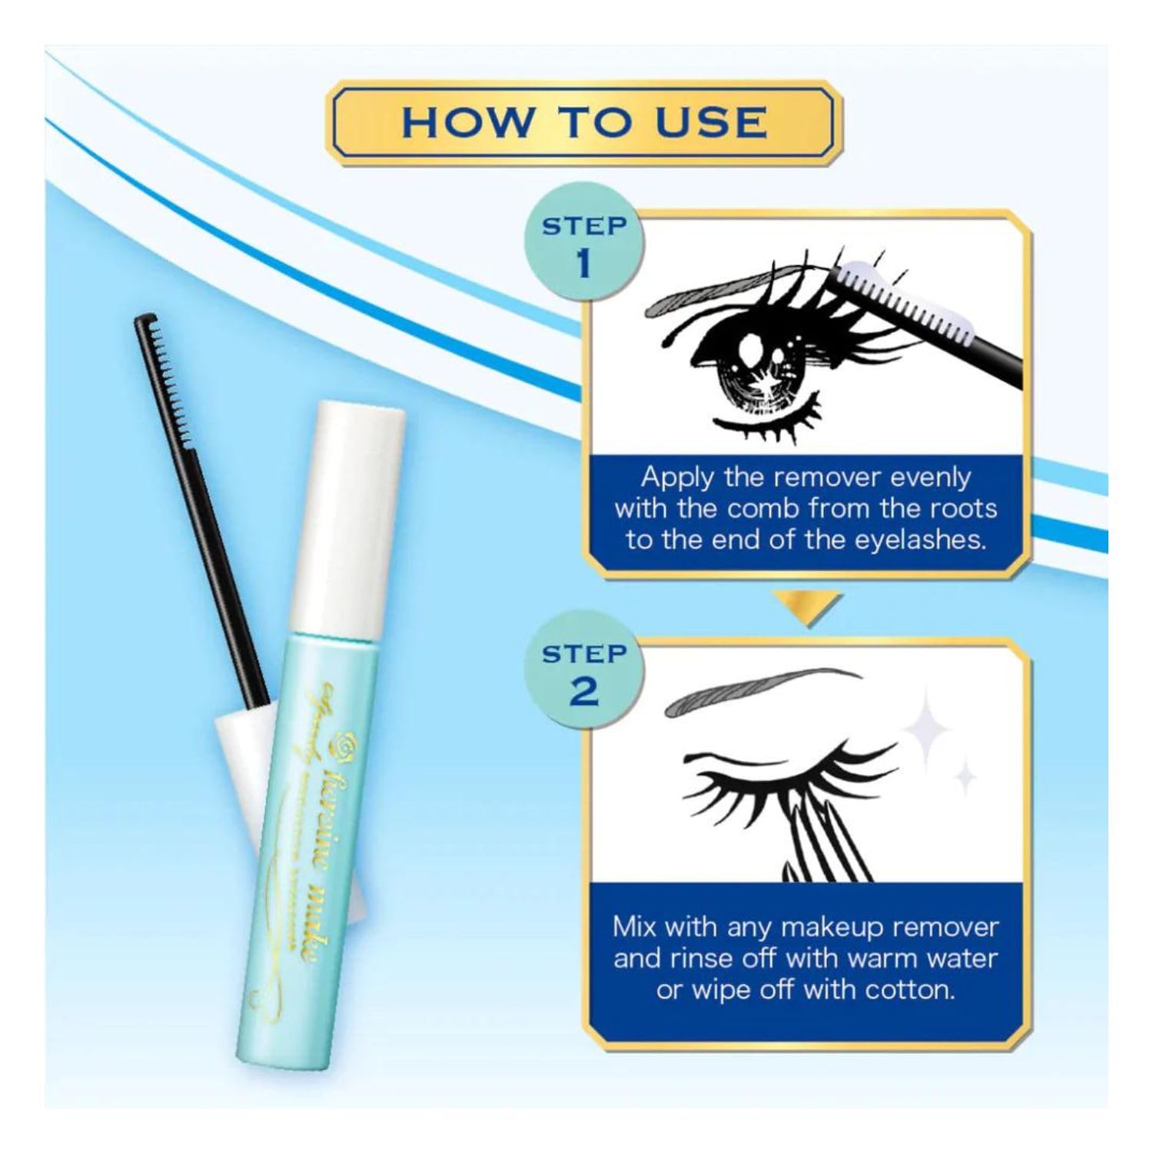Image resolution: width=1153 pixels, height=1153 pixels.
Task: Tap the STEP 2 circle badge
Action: pos(584,674)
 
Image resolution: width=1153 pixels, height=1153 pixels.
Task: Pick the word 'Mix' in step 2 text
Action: pos(635,926)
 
